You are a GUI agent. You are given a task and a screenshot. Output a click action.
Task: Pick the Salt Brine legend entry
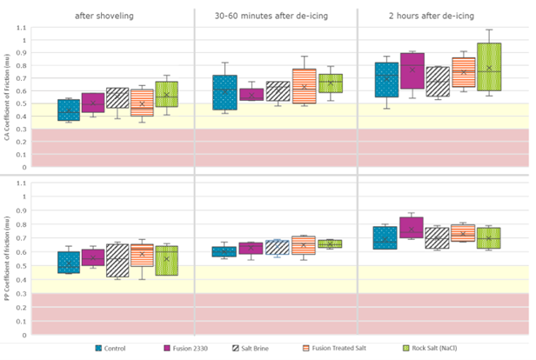pyautogui.click(x=258, y=349)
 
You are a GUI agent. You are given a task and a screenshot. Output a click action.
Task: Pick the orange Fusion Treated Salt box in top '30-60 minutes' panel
pyautogui.click(x=304, y=86)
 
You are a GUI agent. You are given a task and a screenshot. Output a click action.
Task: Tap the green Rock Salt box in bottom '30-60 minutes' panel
pyautogui.click(x=330, y=243)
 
